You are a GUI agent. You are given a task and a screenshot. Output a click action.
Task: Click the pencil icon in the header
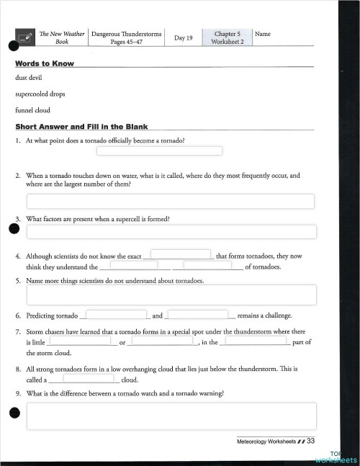(x=25, y=37)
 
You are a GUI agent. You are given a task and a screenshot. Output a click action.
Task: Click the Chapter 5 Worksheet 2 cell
(x=228, y=37)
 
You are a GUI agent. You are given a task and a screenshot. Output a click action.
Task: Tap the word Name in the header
(x=263, y=34)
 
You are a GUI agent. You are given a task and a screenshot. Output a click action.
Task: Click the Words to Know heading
(x=45, y=64)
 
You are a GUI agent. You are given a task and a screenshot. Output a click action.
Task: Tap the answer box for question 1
(x=158, y=151)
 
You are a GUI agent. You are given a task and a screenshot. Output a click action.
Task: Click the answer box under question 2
(x=170, y=201)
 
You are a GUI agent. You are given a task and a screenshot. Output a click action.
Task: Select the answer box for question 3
(x=171, y=232)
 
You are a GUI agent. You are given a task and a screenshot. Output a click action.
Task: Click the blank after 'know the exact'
(x=180, y=254)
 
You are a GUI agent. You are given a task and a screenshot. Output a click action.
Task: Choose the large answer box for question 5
(x=171, y=295)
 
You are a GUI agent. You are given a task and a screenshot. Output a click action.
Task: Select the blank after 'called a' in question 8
(x=88, y=377)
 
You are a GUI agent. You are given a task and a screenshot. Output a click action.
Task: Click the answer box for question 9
(x=171, y=416)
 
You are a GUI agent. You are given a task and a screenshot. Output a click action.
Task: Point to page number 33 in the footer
(x=311, y=441)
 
